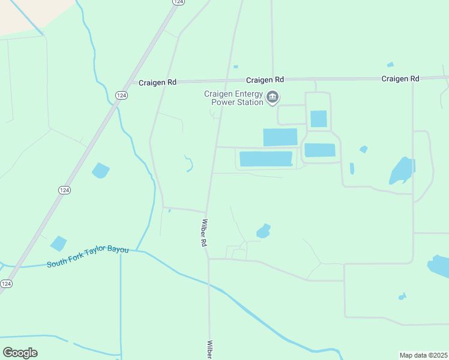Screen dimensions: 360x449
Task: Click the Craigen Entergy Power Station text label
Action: click(234, 98)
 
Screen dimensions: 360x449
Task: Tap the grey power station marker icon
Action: click(273, 97)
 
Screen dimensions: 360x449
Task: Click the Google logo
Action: click(20, 353)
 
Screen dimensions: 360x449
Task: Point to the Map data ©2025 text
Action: click(423, 355)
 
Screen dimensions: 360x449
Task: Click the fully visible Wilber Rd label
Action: click(204, 234)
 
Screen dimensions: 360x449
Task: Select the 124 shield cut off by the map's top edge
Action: click(177, 2)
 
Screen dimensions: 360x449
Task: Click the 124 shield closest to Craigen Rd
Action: click(121, 95)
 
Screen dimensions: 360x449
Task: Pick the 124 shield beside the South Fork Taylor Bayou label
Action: click(5, 283)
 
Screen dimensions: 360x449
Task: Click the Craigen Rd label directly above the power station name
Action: click(265, 80)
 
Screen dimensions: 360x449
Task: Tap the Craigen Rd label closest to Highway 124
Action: click(157, 82)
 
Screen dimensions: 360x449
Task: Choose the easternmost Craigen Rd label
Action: click(400, 79)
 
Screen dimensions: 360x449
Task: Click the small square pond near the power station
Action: click(319, 119)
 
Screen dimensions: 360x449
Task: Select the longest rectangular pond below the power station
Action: click(266, 159)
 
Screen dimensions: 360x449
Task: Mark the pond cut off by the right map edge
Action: click(439, 266)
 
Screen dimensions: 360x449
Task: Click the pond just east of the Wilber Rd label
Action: click(263, 230)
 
